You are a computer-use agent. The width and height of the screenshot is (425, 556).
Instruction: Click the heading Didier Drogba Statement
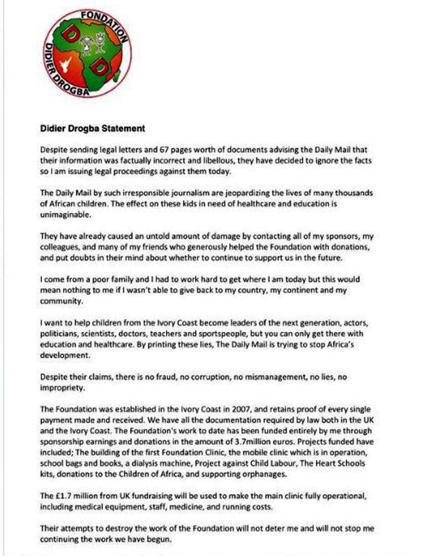click(x=92, y=128)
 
